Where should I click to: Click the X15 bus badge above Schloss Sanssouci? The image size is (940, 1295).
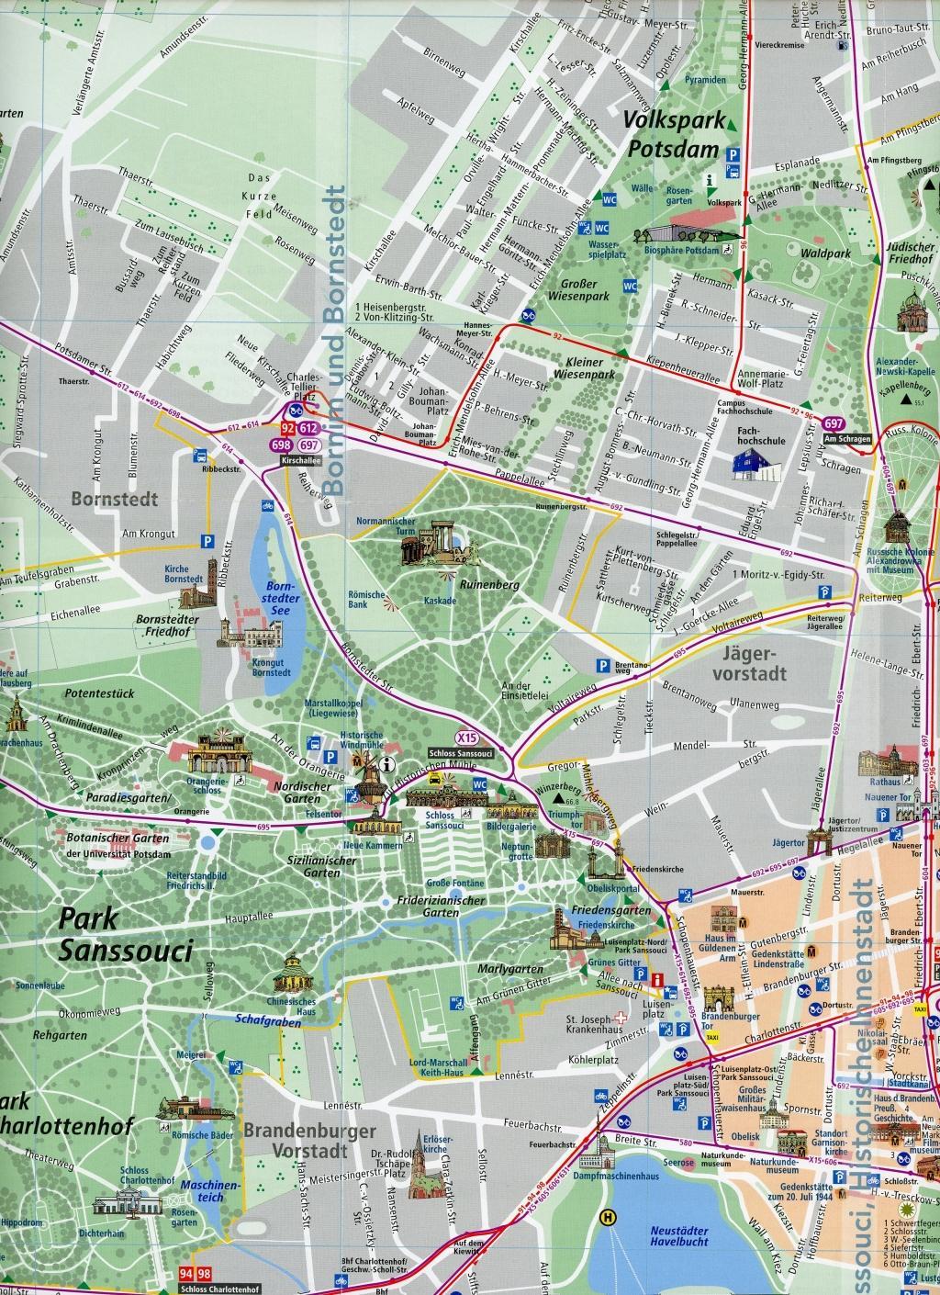467,737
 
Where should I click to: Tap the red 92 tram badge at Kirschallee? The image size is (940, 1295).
288,429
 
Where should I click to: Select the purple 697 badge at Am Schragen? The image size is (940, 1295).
834,423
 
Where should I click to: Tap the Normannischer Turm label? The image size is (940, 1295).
386,526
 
